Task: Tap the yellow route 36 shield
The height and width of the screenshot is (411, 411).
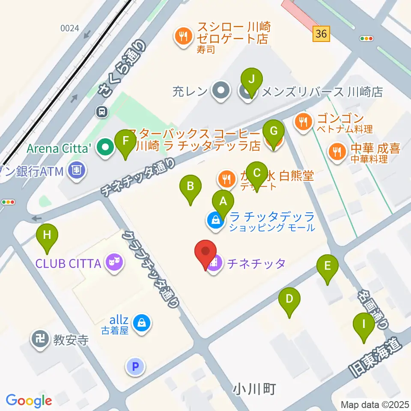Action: [x=321, y=33]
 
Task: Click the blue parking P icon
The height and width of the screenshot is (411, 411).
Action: [x=135, y=366]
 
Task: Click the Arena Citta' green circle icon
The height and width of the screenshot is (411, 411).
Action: [x=104, y=148]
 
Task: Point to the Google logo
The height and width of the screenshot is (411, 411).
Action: [x=29, y=401]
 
